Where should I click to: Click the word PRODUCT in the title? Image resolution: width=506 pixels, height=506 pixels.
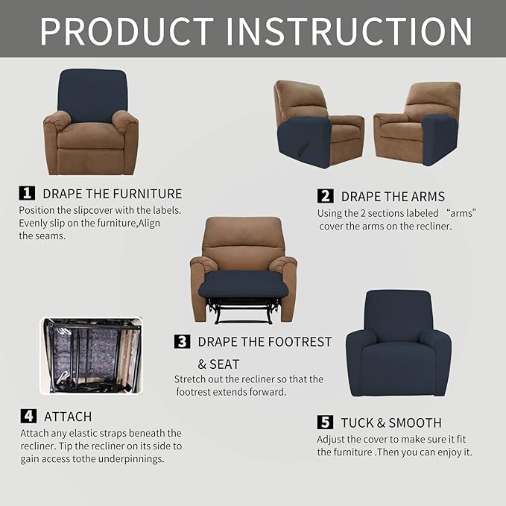127,31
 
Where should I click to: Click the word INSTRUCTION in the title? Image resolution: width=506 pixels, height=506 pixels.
350,31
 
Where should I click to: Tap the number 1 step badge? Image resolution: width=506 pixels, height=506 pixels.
27,193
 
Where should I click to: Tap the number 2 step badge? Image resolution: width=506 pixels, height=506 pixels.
325,196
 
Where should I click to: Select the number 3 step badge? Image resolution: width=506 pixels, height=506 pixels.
182,341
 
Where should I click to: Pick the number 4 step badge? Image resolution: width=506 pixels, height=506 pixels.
28,416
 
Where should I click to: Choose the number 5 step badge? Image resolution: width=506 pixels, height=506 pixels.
325,423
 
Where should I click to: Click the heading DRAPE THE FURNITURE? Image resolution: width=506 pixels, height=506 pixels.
112,194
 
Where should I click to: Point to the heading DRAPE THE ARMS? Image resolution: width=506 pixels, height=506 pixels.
393,197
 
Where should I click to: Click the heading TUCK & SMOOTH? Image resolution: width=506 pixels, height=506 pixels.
391,423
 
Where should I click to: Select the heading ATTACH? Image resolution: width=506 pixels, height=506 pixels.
68,417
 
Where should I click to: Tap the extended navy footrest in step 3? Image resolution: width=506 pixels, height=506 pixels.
243,284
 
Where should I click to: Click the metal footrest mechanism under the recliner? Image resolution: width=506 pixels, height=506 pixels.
243,309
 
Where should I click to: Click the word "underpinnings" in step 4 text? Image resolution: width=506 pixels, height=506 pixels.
129,459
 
